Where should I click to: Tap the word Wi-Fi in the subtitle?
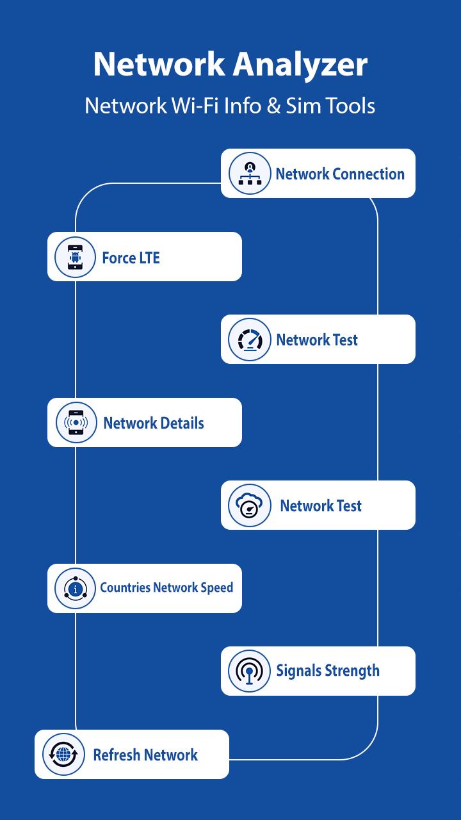point(195,106)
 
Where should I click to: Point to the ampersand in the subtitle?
point(273,106)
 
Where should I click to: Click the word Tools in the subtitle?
point(350,106)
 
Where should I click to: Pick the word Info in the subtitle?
point(243,106)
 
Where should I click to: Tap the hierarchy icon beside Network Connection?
point(250,173)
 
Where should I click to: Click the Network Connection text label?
point(340,174)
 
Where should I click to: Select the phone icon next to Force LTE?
point(75,257)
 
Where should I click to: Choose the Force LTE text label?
point(131,258)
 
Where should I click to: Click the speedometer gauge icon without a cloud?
point(250,340)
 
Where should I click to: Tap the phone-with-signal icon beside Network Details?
point(76,422)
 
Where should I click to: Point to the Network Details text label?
point(154,423)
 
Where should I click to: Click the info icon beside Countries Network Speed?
point(75,588)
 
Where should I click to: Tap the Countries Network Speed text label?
point(166,587)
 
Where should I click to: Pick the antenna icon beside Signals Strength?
point(249,671)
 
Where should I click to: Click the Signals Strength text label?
point(328,671)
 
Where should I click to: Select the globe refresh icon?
point(63,754)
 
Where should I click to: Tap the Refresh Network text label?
point(145,755)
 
